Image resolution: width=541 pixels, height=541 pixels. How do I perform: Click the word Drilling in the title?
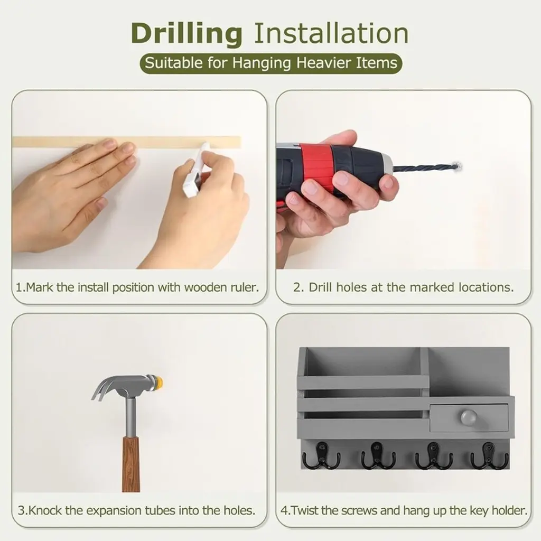tap(186, 34)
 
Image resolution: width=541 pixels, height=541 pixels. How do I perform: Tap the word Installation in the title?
tap(331, 33)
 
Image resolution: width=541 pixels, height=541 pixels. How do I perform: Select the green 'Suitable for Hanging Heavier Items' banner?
tap(271, 63)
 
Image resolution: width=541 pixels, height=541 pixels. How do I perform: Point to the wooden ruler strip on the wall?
tap(126, 142)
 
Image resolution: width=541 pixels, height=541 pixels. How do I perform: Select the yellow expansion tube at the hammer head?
tap(159, 382)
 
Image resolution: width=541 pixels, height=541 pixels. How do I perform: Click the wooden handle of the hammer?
tap(131, 464)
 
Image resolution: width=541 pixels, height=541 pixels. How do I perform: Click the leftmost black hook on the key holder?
tap(321, 455)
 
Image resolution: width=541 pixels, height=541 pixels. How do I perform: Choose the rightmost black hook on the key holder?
tap(489, 455)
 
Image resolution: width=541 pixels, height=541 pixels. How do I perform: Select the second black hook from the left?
tap(378, 455)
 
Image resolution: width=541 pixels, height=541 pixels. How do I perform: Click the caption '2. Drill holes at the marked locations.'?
tap(403, 287)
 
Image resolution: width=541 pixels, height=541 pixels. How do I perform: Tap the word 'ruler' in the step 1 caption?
tap(245, 287)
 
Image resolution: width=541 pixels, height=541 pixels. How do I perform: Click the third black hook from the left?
tap(434, 455)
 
